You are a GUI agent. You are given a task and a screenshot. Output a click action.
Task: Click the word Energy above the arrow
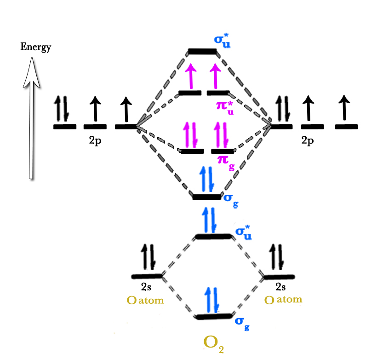point(35,47)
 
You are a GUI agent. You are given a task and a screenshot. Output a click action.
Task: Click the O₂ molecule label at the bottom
point(214,343)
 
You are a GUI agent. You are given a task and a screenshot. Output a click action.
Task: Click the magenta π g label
point(226,162)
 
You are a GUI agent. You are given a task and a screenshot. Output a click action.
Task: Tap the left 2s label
point(146,287)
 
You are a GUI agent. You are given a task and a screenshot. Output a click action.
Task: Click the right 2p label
point(308,141)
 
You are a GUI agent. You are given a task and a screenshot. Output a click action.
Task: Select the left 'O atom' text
point(145,301)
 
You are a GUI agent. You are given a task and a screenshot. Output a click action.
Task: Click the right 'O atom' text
point(283,300)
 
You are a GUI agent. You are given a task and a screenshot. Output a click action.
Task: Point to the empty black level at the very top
point(202,51)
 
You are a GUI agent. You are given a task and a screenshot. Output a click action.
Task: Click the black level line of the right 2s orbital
point(279,277)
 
